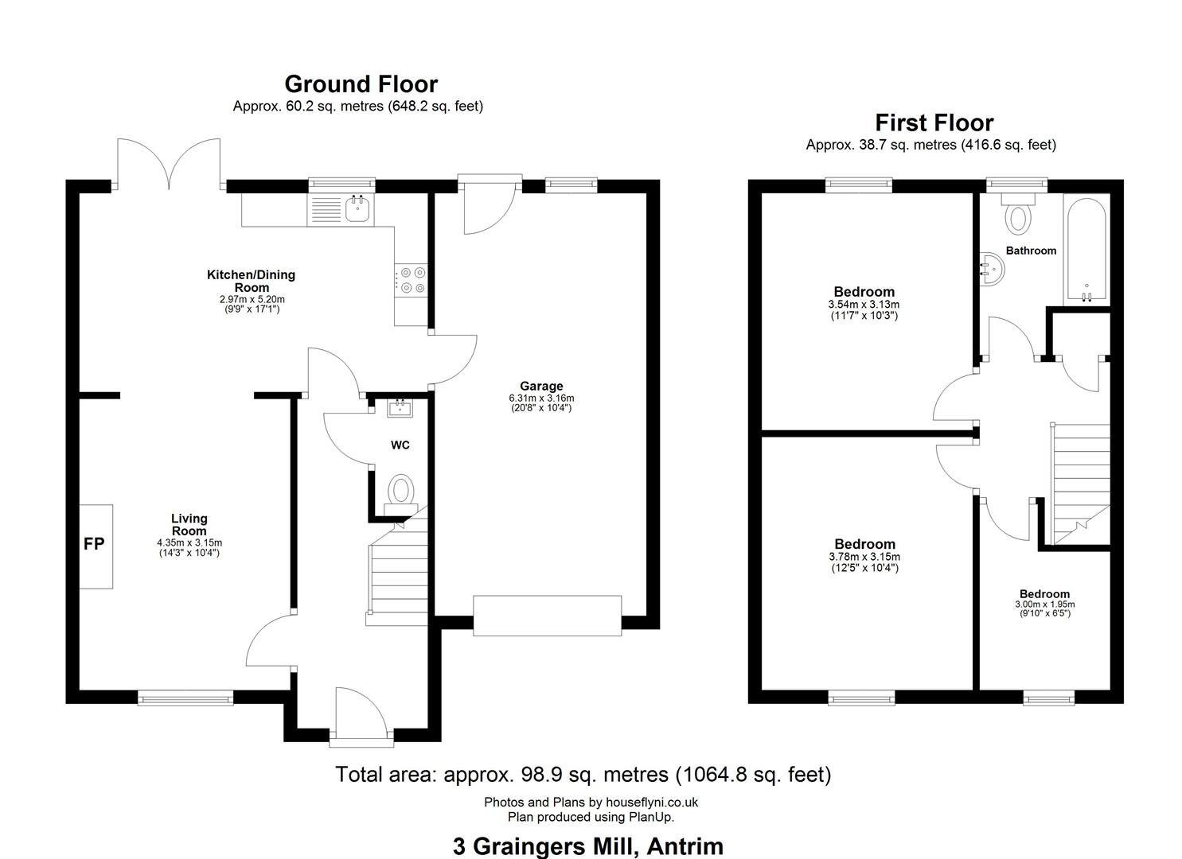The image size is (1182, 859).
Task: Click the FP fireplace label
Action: click(94, 544)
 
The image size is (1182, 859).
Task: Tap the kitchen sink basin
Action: click(357, 209)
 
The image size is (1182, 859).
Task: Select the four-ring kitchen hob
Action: click(411, 280)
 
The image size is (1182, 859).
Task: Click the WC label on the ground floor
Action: click(400, 445)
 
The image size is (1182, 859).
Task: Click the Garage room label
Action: click(541, 386)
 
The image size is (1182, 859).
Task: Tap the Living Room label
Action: click(189, 525)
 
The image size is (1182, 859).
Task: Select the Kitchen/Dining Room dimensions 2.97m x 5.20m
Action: click(252, 299)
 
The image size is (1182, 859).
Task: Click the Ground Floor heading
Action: click(361, 84)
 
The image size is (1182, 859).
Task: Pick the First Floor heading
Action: click(934, 122)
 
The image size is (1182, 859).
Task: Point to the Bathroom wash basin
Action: click(992, 270)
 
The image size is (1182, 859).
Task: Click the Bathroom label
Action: click(1031, 251)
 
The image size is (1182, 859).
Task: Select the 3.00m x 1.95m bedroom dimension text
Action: click(1045, 604)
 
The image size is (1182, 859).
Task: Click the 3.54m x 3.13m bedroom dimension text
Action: click(864, 305)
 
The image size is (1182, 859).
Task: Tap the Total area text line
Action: click(583, 774)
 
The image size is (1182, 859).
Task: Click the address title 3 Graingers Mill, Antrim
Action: click(588, 845)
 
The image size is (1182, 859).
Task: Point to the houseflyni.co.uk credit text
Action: click(591, 802)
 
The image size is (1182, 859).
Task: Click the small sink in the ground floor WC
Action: click(400, 407)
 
